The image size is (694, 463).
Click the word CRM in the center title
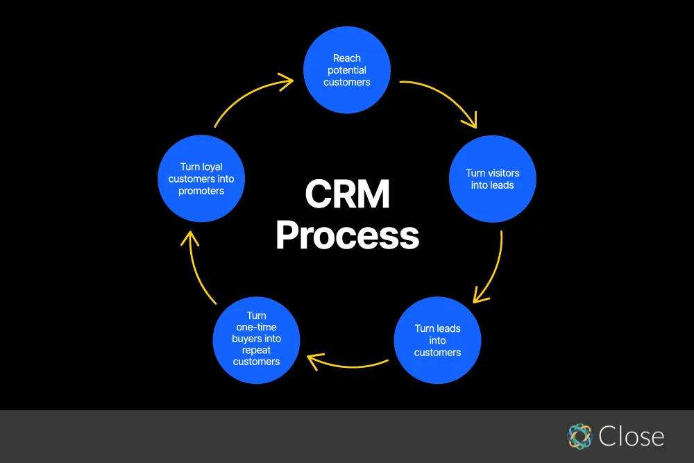[x=347, y=195]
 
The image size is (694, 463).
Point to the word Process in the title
[x=347, y=236]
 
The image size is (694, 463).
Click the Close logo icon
[x=579, y=436]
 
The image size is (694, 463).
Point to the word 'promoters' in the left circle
[x=201, y=191]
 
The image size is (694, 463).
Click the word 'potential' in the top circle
[x=347, y=70]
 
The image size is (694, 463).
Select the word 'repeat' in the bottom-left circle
[x=256, y=350]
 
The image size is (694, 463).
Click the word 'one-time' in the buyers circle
[x=256, y=327]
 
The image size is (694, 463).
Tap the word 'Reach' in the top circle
[x=347, y=58]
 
